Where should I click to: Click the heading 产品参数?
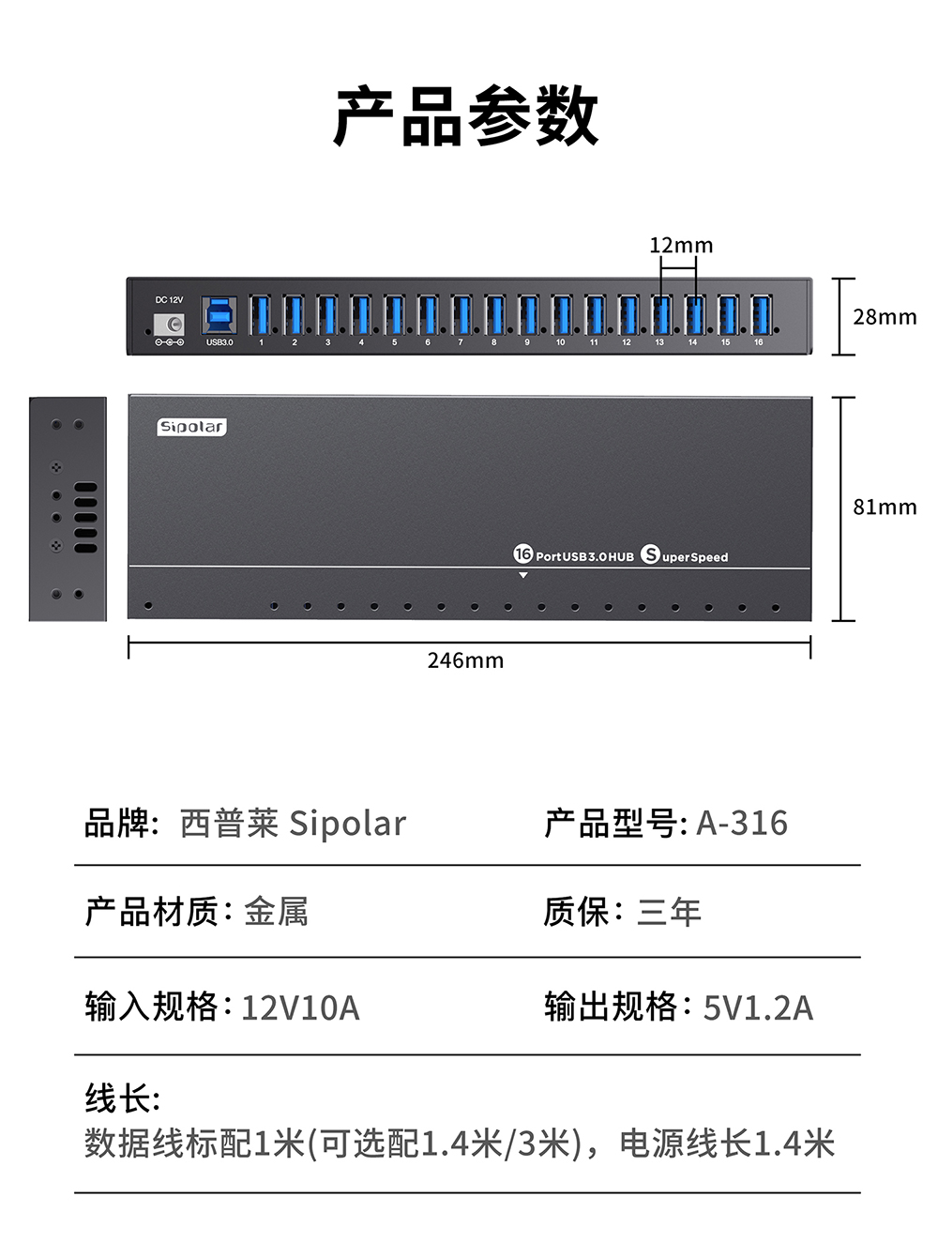point(466,116)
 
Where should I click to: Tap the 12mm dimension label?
point(681,246)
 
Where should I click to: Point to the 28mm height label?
point(884,317)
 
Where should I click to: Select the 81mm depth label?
point(884,507)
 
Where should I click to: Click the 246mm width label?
point(465,660)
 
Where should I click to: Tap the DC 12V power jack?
point(170,324)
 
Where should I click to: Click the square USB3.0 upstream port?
point(219,316)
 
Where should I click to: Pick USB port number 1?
point(261,315)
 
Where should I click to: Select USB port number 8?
point(494,315)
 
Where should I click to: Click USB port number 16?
point(760,315)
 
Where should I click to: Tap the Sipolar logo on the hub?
point(191,427)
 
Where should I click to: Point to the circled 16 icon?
point(522,553)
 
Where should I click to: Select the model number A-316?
point(741,823)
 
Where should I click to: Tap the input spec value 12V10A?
point(300,1007)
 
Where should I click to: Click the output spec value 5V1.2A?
point(758,1007)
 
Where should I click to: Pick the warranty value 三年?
point(669,912)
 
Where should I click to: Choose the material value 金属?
point(276,912)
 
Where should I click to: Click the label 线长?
point(122,1098)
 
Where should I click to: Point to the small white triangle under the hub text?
point(523,575)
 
